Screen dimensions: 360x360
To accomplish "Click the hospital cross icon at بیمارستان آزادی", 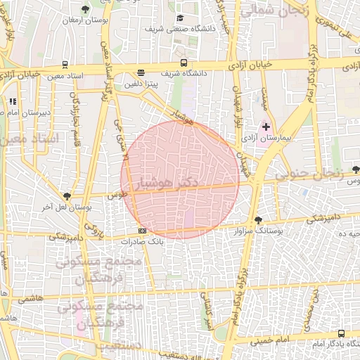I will coord(266,127).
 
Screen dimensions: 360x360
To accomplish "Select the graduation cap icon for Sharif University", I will coord(180,18).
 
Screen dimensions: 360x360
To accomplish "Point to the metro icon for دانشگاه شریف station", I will coord(184,63).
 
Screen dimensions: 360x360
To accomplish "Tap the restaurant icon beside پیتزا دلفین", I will coord(141,72).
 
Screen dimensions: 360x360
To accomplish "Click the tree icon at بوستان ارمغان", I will coord(85,9).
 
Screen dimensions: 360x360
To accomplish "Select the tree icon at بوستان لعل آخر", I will coord(67,197).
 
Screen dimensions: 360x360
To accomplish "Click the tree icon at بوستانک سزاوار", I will coord(258,220).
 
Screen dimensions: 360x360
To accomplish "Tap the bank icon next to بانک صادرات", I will coord(142,231).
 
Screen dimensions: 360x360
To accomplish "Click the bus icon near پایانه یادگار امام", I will coord(341,333).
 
